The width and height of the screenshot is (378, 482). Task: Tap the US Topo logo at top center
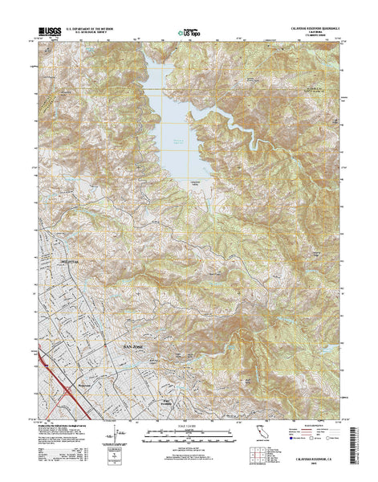click(x=189, y=32)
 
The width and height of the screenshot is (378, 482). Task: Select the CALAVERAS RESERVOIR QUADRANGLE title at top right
click(x=308, y=27)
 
